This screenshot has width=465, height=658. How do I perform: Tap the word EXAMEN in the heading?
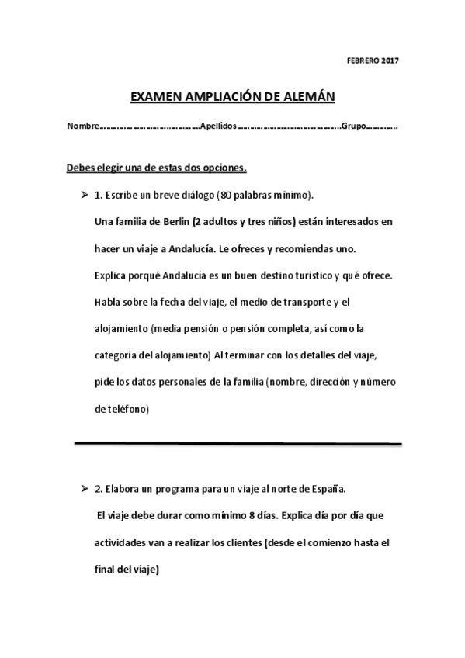pos(156,97)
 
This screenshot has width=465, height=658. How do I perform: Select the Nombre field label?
pos(82,126)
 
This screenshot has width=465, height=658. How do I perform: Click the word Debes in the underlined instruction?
pos(81,167)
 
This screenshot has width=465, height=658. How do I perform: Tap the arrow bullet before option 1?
pos(83,193)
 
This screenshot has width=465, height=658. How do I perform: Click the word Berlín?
pos(173,221)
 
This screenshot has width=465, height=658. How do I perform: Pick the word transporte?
pos(314,303)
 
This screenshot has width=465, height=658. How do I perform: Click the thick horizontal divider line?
pos(238,444)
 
